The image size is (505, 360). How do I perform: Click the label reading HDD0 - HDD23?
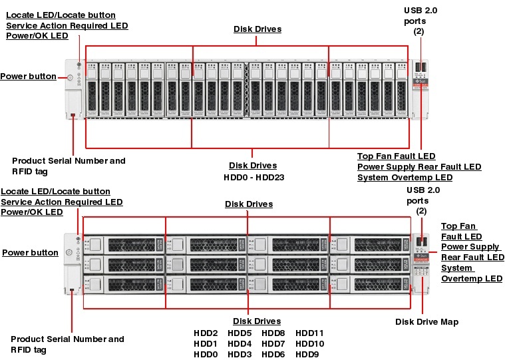tap(252, 178)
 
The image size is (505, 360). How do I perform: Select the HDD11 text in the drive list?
tap(309, 333)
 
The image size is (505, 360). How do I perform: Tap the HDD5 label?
tap(240, 333)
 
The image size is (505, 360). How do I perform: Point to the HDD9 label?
tap(307, 355)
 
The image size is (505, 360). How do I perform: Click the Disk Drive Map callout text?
tap(426, 322)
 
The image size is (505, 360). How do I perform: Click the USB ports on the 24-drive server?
tap(421, 67)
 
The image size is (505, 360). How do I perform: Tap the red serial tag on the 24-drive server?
tap(73, 116)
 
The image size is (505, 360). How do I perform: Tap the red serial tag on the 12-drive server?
tap(72, 290)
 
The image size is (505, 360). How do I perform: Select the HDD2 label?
tap(206, 333)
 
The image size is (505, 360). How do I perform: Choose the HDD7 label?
tap(273, 344)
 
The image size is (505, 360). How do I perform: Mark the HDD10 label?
tap(309, 344)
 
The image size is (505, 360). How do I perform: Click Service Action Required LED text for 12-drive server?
tap(61, 202)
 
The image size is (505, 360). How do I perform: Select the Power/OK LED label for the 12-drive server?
tap(32, 212)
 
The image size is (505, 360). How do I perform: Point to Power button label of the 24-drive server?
tap(28, 77)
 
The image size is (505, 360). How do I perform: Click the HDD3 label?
tap(240, 355)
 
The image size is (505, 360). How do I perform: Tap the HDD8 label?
tap(273, 333)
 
